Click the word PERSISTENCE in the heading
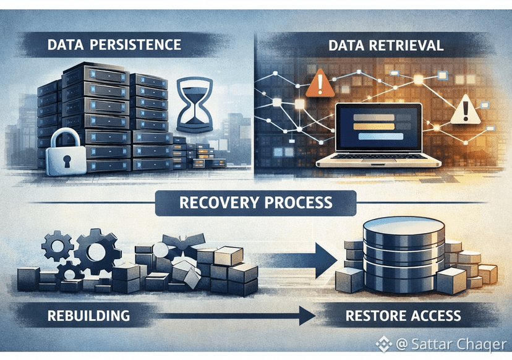point(135,45)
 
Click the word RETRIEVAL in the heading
point(406,45)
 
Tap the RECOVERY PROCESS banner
point(255,203)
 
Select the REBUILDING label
point(88,316)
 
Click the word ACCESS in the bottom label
point(435,316)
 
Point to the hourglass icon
point(195,105)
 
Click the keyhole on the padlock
point(67,161)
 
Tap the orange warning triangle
point(320,83)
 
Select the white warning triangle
point(465,109)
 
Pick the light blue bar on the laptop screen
point(381,136)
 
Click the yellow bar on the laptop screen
point(374,126)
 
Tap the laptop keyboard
point(379,156)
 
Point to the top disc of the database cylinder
point(404,226)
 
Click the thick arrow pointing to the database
point(299,260)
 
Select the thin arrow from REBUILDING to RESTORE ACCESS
point(234,316)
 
